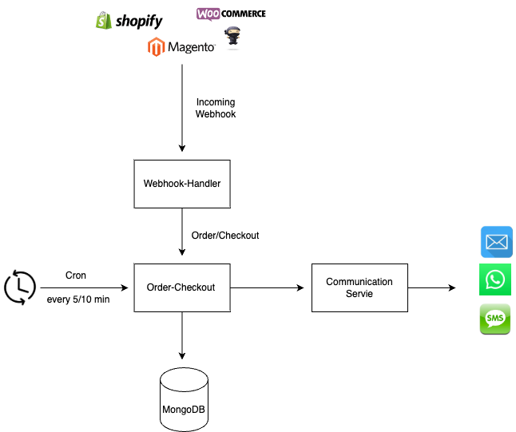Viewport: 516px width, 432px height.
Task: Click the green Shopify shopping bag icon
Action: click(103, 21)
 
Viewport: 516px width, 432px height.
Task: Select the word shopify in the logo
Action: click(138, 22)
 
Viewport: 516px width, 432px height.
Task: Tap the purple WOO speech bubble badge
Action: click(208, 14)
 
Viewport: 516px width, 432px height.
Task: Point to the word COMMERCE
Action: click(244, 14)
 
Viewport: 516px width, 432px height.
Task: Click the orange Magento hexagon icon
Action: click(157, 47)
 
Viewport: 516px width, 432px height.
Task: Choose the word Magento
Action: click(191, 48)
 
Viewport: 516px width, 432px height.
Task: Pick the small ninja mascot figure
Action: click(232, 36)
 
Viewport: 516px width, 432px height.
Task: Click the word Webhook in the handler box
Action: click(164, 184)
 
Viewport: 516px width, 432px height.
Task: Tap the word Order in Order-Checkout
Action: click(158, 287)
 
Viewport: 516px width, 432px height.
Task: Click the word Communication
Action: click(359, 282)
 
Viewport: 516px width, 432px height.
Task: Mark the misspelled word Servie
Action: click(359, 294)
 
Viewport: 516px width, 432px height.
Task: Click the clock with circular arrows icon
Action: click(19, 287)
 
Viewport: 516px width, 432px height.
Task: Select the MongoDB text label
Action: click(184, 410)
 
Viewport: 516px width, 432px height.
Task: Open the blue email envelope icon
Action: click(496, 242)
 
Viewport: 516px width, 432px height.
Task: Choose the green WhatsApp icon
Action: click(495, 279)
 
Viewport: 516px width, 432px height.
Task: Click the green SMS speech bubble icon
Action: click(495, 319)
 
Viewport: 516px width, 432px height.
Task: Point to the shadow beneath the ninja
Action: click(232, 48)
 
